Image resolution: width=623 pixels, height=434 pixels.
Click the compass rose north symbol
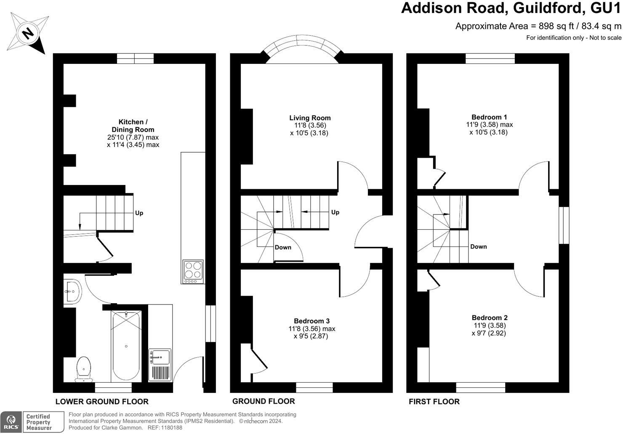point(28,33)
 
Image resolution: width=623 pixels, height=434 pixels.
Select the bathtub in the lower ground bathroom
point(126,346)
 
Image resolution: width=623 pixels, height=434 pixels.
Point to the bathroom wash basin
point(73,291)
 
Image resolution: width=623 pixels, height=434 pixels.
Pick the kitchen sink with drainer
point(160,365)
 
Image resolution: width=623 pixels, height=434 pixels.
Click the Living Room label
point(310,118)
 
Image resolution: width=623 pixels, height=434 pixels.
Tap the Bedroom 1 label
point(486,117)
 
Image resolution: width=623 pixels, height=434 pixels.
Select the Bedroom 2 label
point(486,318)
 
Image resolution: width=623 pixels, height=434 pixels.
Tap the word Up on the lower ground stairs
point(139,213)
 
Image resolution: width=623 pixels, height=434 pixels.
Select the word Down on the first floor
point(478,246)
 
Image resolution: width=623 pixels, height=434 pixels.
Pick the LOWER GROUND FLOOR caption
point(102,401)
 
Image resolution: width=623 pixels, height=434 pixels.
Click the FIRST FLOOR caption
point(434,401)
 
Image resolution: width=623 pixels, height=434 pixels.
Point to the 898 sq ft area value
point(556,26)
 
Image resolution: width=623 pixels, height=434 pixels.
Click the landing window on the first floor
point(564,225)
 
